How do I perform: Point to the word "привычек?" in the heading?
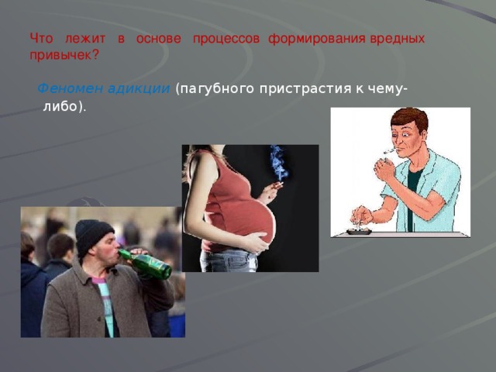[64, 55]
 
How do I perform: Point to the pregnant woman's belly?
[248, 218]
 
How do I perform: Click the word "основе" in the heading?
[158, 38]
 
